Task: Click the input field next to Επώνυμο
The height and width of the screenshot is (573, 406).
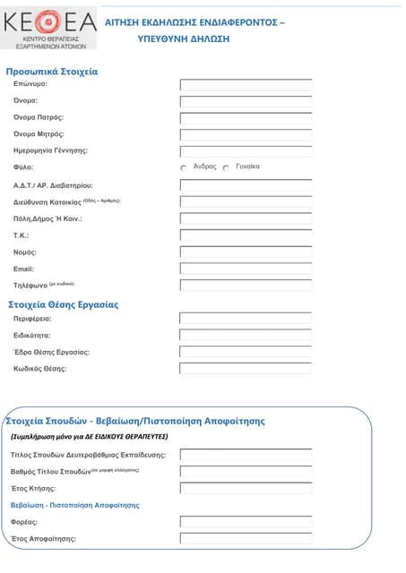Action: [246, 85]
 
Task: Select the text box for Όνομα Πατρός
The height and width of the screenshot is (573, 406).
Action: [246, 118]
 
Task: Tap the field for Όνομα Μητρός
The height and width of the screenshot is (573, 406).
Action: [246, 134]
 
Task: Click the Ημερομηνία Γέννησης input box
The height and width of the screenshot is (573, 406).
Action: [246, 151]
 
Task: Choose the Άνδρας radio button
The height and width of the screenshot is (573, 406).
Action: [184, 167]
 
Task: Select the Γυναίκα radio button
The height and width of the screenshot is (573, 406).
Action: [226, 167]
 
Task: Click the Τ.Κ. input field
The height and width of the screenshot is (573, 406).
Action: [246, 235]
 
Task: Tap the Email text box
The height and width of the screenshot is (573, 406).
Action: [246, 269]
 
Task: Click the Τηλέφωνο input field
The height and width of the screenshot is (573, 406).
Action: [246, 285]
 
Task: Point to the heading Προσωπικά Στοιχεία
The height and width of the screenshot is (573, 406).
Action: [52, 72]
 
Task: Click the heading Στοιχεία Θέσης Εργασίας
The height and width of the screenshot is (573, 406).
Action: [63, 304]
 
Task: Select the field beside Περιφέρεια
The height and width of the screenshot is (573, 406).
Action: [246, 318]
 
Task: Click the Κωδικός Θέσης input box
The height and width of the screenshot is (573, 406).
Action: [246, 368]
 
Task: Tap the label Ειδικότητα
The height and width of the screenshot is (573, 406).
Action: [31, 336]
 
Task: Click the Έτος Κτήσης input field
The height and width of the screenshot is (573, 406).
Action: [246, 488]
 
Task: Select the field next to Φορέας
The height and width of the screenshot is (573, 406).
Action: [246, 521]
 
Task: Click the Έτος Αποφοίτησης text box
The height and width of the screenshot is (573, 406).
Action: [246, 538]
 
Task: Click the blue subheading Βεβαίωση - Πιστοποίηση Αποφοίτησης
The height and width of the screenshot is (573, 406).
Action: [75, 505]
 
